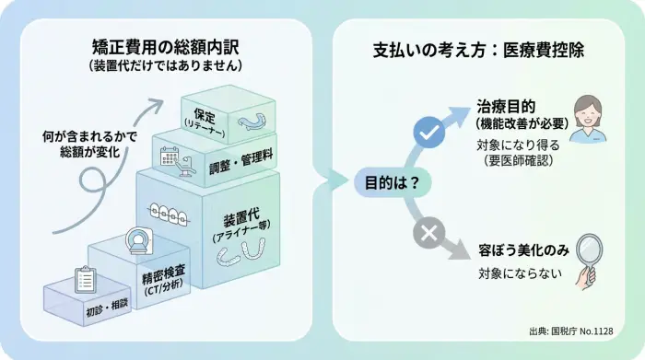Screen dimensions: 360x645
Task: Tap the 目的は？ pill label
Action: [x=389, y=181]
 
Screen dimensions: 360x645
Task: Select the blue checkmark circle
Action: [x=428, y=134]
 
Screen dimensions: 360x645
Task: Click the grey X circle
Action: [x=428, y=234]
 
